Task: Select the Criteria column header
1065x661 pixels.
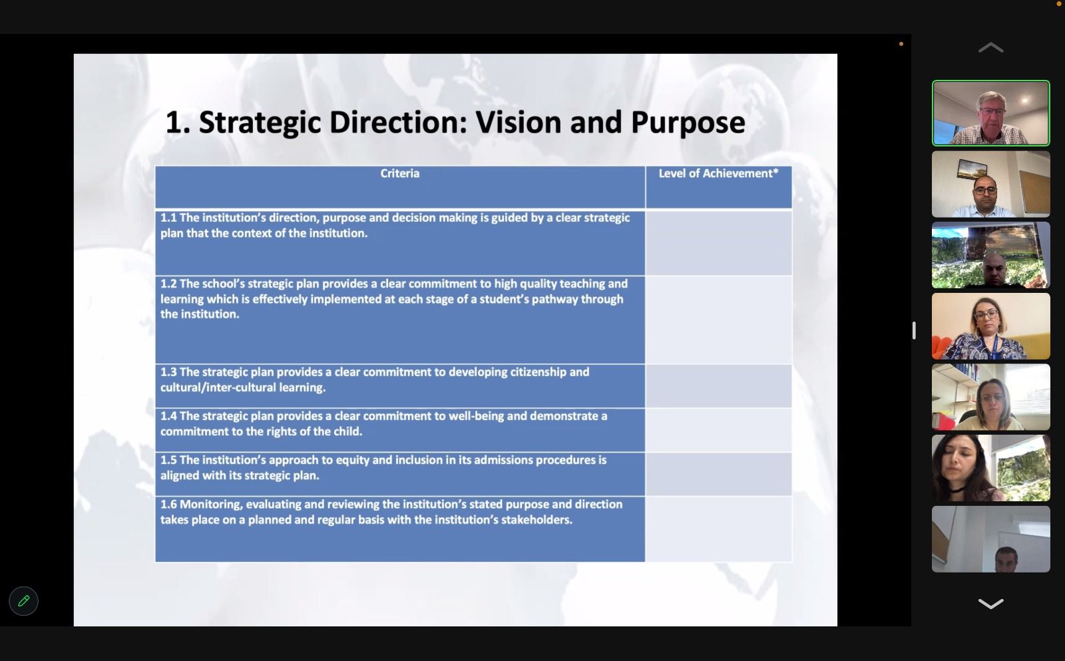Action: pos(400,174)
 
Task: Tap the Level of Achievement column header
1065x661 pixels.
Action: pos(718,174)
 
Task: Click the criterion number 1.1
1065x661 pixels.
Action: pos(168,218)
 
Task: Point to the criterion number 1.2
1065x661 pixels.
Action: pos(168,284)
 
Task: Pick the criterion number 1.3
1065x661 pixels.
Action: pos(168,372)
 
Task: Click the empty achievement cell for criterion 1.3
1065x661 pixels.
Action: pos(718,385)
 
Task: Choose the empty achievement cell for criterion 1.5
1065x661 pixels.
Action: pos(718,474)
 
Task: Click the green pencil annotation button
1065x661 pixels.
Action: pos(23,601)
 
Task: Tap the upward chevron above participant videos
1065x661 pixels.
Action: pos(991,47)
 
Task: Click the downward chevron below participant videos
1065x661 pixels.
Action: pos(991,604)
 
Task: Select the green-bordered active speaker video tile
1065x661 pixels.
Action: pos(991,113)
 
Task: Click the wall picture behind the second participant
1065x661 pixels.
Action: pos(972,169)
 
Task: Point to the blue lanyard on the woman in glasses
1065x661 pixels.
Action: pos(994,345)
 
